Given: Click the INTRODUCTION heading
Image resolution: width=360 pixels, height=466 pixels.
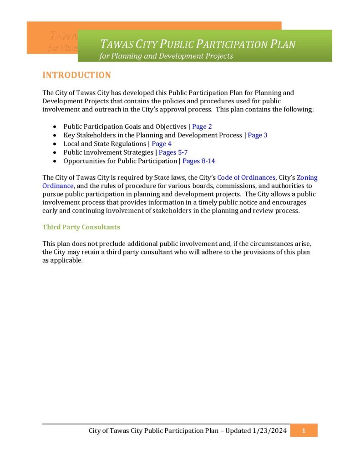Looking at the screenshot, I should (76, 76).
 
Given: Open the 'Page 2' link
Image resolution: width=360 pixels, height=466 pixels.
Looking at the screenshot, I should (202, 127).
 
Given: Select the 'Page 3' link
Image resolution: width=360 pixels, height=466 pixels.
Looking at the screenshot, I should (258, 135).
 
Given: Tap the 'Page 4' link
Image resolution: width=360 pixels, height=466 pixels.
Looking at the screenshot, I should (162, 144).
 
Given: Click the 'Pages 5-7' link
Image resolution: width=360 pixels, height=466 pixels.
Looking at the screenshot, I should (173, 152).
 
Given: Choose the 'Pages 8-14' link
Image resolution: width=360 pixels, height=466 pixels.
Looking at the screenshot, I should (199, 161).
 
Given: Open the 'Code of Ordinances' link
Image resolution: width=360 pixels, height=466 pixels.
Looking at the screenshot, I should (246, 177).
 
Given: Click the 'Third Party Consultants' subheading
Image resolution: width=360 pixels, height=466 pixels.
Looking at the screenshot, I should (81, 227).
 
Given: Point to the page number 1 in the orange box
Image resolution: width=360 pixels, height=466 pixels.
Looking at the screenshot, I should (303, 431).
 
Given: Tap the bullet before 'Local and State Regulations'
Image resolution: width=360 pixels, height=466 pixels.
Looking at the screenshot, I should (55, 144).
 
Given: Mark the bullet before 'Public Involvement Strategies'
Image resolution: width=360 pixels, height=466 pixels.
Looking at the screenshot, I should (55, 152).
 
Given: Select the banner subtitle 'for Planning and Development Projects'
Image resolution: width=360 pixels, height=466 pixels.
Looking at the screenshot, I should (166, 56).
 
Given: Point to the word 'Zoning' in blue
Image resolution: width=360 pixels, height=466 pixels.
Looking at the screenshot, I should (307, 177).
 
